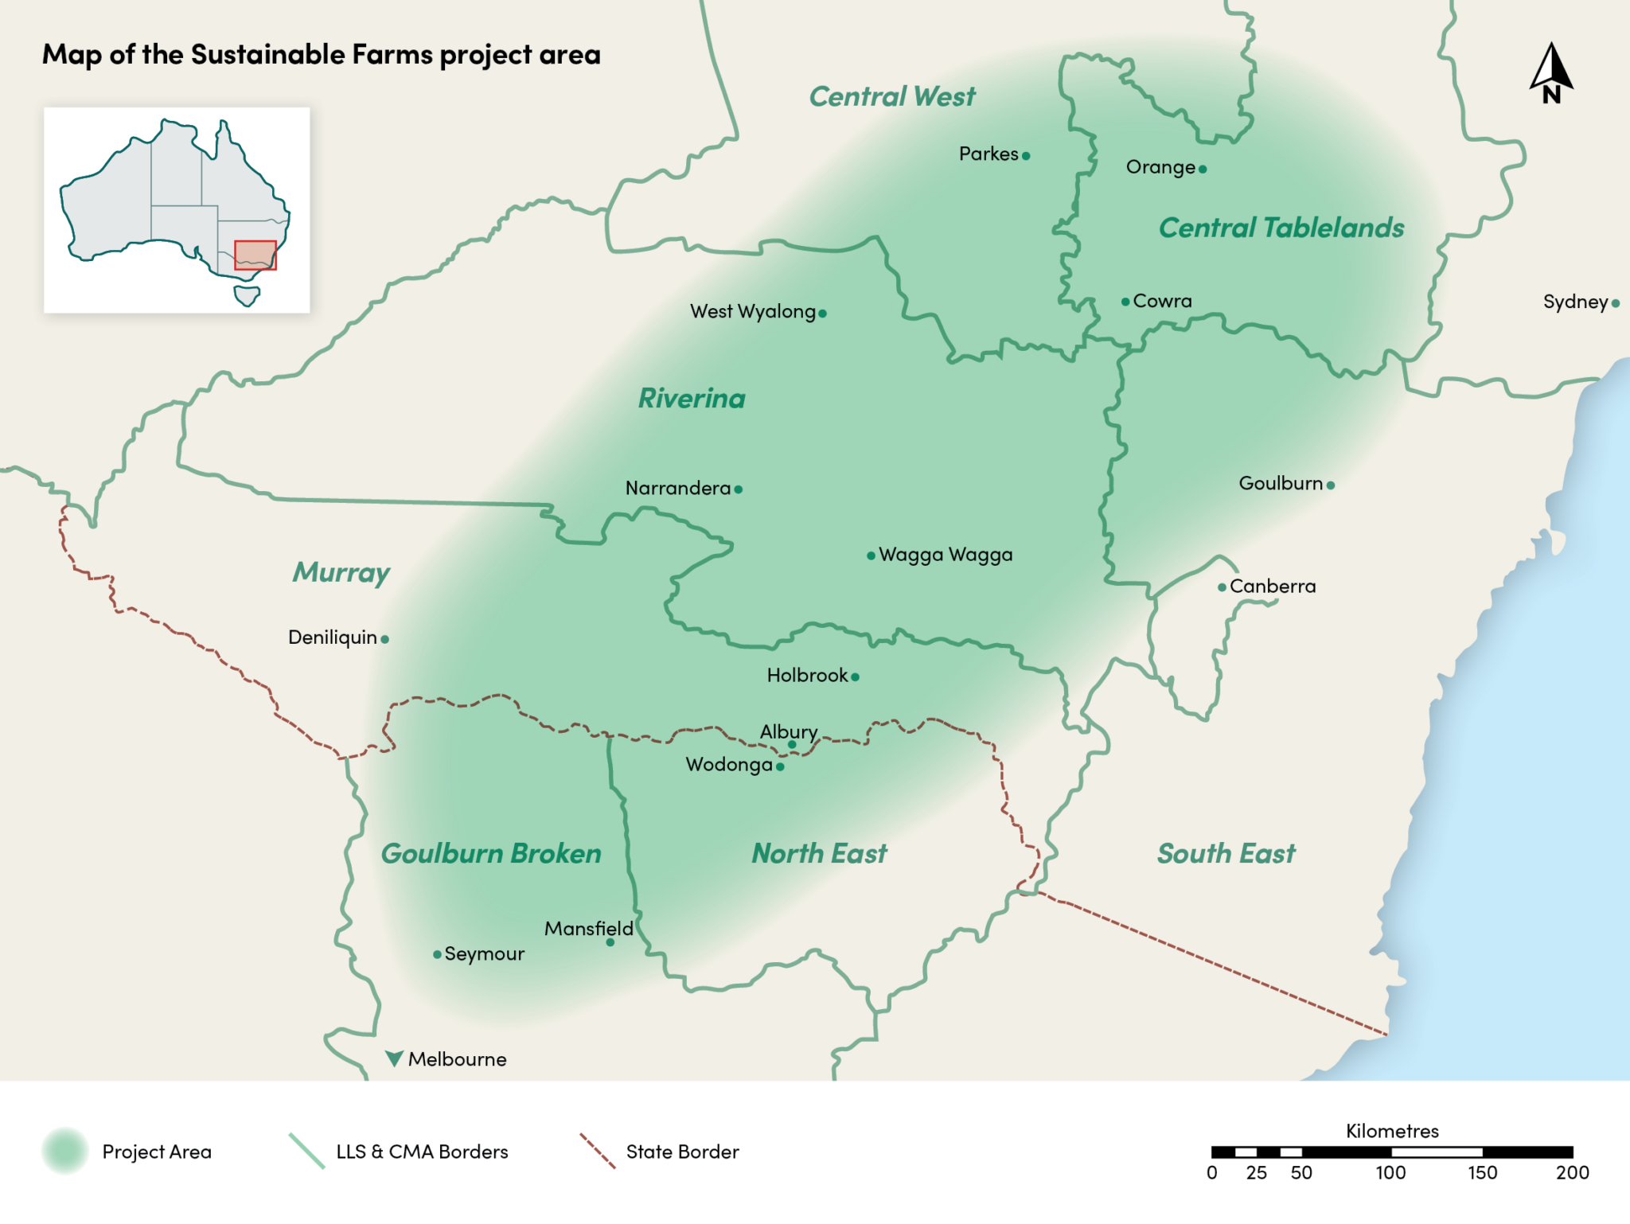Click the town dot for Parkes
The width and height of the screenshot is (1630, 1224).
(x=1026, y=156)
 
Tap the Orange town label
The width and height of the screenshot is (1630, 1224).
(x=1160, y=167)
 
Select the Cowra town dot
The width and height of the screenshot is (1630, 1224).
(x=1125, y=302)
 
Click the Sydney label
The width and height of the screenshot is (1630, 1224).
(x=1575, y=302)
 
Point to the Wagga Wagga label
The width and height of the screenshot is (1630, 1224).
(x=946, y=555)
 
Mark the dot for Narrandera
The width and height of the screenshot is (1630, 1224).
(x=739, y=489)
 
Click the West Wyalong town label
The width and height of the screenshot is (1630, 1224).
(x=752, y=311)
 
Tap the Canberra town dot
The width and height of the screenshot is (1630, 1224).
(x=1222, y=587)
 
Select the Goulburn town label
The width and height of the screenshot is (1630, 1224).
(x=1281, y=483)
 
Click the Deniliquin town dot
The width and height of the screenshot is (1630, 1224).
(x=385, y=639)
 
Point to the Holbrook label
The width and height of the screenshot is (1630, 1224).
(x=807, y=676)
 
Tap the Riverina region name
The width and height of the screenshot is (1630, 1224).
(x=692, y=399)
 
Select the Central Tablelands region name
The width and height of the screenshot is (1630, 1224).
(x=1281, y=228)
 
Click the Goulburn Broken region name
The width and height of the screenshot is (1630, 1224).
(x=491, y=854)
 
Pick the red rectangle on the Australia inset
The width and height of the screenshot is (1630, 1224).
(x=255, y=255)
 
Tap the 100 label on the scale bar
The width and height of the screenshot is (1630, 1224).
(x=1390, y=1172)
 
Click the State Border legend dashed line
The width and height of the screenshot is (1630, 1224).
(x=598, y=1151)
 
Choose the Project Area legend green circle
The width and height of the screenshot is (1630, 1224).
(x=65, y=1151)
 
